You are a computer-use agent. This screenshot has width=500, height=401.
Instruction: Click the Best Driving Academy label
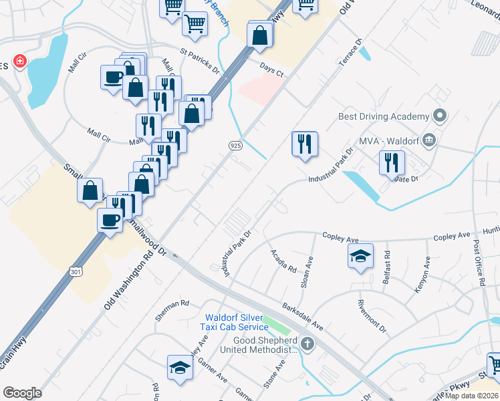[384, 116]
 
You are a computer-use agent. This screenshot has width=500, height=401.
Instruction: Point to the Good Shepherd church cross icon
[307, 344]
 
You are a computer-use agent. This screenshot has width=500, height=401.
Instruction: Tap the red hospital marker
[20, 61]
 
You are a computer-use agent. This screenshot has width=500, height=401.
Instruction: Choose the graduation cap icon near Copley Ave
[360, 256]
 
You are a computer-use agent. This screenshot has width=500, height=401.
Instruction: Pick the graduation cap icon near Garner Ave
[180, 368]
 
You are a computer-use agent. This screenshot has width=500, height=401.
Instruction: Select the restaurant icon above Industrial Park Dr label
[304, 143]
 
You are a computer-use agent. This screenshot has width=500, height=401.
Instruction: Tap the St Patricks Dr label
[199, 59]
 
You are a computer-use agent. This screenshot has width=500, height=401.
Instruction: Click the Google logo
[22, 393]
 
